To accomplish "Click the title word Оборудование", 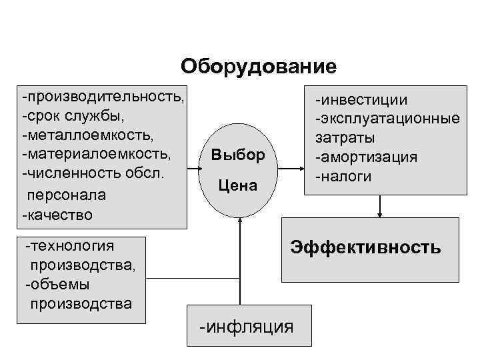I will [x=259, y=67].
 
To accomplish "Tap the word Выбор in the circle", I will [x=238, y=155].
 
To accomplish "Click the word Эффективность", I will [x=365, y=248].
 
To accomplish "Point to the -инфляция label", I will [x=246, y=327].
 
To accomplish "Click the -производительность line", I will [x=103, y=98].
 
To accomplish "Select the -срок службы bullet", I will [x=73, y=117].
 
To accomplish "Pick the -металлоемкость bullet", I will [x=87, y=135].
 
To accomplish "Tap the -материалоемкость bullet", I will [x=96, y=155].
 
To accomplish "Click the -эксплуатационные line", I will [x=387, y=119].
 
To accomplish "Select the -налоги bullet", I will [x=344, y=176].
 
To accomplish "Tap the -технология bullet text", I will [x=70, y=246].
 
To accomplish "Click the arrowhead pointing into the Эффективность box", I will [x=380, y=214].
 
